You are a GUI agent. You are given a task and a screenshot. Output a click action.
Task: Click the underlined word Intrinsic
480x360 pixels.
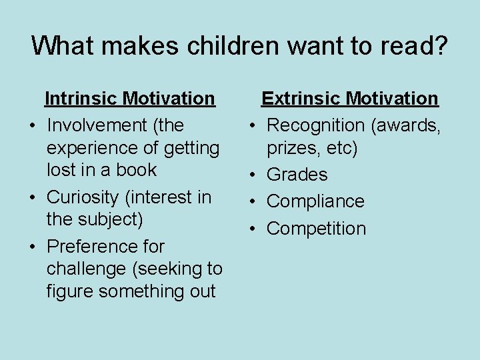(81, 99)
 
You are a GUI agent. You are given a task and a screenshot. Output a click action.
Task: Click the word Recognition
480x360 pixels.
(316, 125)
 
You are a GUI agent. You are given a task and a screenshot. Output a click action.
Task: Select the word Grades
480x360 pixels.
(297, 175)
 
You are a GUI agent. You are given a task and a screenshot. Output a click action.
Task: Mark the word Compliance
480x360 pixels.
(315, 201)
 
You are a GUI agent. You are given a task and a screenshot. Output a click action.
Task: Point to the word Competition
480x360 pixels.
(316, 229)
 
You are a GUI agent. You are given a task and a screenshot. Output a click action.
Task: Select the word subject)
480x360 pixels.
(115, 219)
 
